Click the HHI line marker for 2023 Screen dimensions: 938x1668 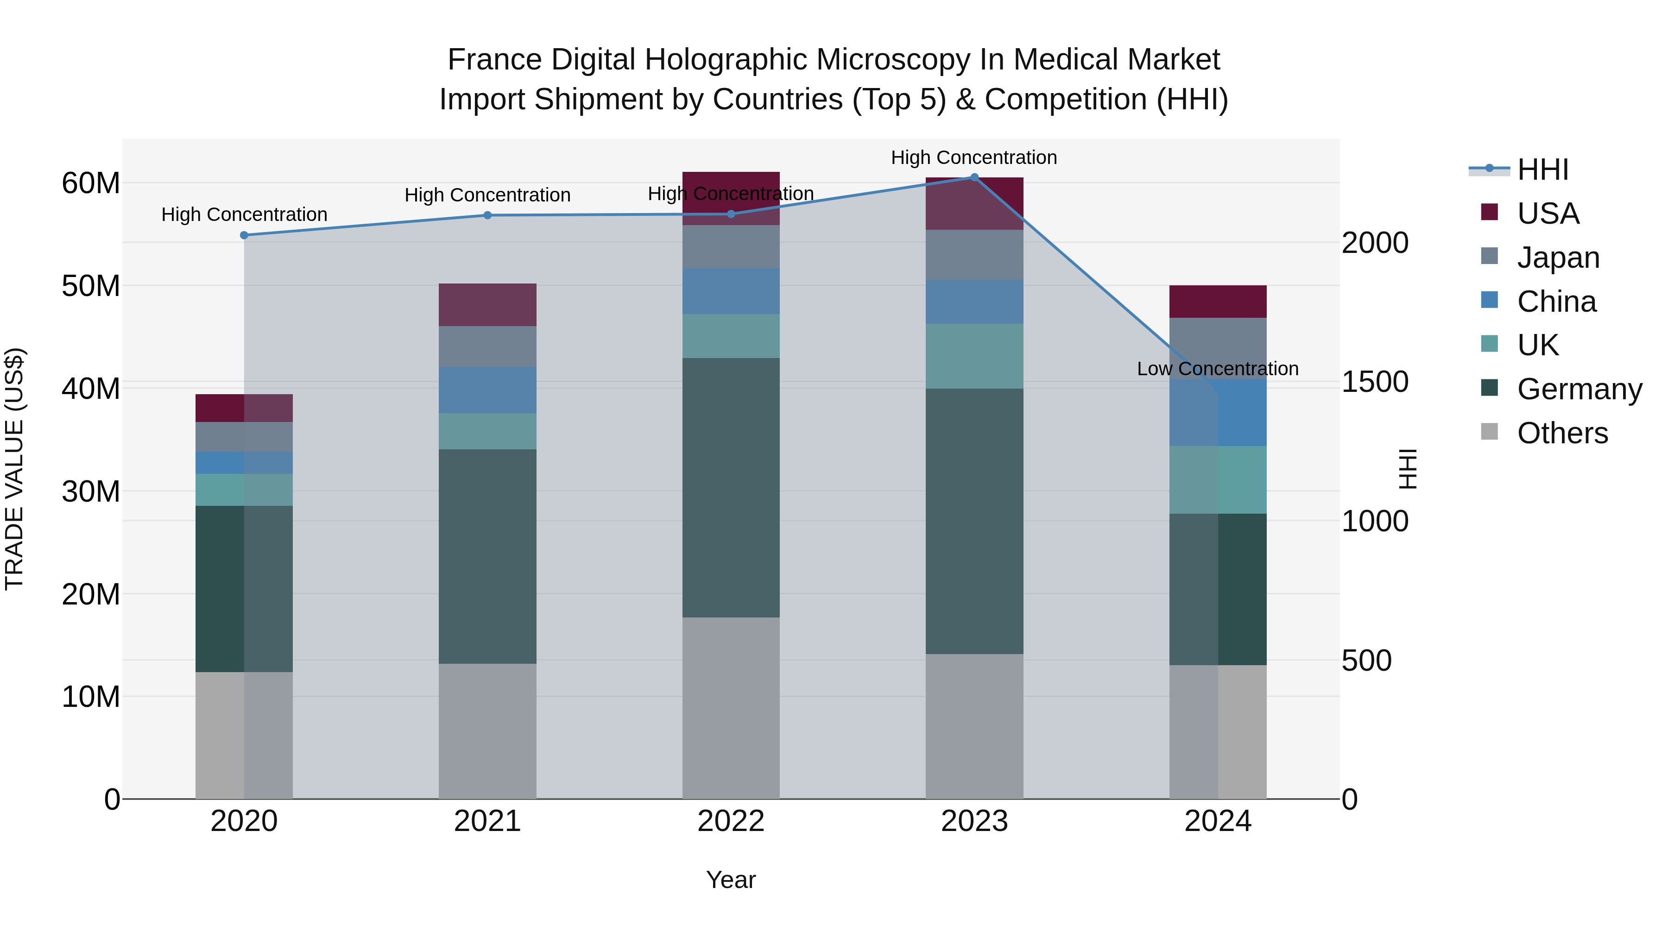974,177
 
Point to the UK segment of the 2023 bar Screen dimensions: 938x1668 974,356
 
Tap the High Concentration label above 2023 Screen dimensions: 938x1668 974,157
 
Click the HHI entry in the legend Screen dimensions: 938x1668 1542,170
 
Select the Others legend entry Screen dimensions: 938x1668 1562,433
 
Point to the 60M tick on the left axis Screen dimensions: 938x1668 91,183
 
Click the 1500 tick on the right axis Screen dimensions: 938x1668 1374,382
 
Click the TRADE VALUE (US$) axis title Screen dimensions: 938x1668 14,469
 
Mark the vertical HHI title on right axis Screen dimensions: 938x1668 1408,469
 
